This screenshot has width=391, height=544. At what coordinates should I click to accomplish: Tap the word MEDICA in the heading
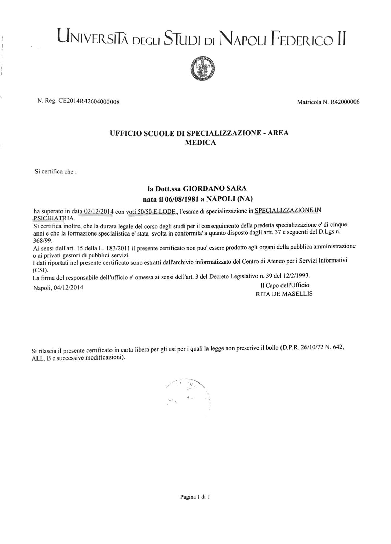(200, 143)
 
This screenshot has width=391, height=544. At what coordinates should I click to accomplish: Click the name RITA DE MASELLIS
(285, 294)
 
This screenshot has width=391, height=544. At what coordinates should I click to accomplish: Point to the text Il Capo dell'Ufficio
(283, 285)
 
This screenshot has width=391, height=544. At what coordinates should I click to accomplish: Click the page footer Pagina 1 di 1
(195, 497)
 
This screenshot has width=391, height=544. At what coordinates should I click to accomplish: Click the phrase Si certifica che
(56, 171)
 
